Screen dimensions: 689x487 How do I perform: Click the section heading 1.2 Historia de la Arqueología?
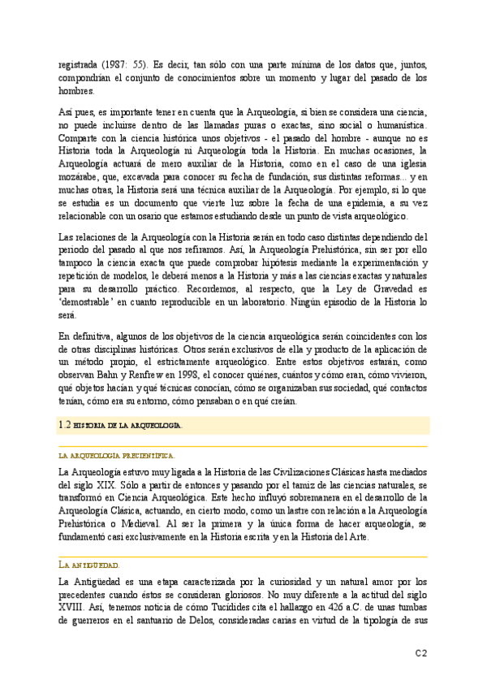click(x=122, y=424)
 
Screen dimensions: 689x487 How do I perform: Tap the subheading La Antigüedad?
click(x=90, y=541)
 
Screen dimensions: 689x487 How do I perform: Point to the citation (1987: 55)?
click(x=124, y=65)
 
